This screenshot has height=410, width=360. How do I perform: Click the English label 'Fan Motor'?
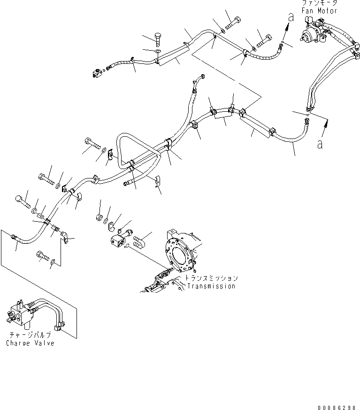click(x=319, y=11)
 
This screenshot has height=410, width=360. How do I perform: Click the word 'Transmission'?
click(x=211, y=286)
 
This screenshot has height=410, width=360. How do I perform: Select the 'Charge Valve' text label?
click(x=31, y=343)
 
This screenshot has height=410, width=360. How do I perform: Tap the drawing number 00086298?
click(x=337, y=408)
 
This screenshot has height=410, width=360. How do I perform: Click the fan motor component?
click(x=314, y=31)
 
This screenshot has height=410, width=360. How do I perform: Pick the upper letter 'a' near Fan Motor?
click(x=291, y=18)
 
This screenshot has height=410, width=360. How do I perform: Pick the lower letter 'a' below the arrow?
click(x=320, y=144)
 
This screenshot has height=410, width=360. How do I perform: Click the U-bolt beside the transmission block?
click(x=138, y=241)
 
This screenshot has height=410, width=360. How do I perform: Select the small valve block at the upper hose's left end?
click(x=98, y=73)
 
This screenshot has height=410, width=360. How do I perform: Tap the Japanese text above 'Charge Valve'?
click(x=30, y=335)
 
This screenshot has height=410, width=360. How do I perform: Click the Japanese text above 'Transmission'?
click(x=212, y=278)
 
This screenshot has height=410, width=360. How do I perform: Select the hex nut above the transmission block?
click(x=99, y=217)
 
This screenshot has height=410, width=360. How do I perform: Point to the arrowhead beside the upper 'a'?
click(x=288, y=26)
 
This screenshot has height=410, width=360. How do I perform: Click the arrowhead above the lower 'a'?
click(x=326, y=121)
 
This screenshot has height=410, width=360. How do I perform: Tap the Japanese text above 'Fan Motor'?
click(x=320, y=3)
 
